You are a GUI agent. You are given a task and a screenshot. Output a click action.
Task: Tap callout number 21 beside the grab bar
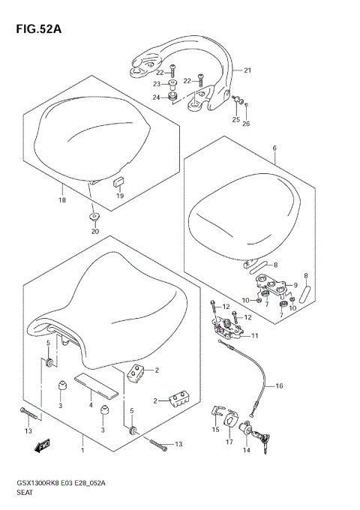coord(247,70)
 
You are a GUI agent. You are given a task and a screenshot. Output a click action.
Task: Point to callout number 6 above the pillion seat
coord(274,149)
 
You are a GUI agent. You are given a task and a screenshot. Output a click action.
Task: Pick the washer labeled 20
coord(94,217)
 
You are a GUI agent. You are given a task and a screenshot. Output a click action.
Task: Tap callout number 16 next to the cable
coord(279,386)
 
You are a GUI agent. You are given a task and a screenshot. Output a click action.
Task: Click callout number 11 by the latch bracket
coord(256,335)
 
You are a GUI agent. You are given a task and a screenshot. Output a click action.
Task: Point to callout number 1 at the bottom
coord(82,453)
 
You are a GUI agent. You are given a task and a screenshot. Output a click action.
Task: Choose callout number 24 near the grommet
coord(157,97)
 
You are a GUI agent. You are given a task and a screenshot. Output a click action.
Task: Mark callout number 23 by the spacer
coord(157,84)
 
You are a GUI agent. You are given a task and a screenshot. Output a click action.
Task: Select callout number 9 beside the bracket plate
coord(295,285)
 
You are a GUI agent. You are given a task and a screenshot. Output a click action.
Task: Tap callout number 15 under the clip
coord(216,429)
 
